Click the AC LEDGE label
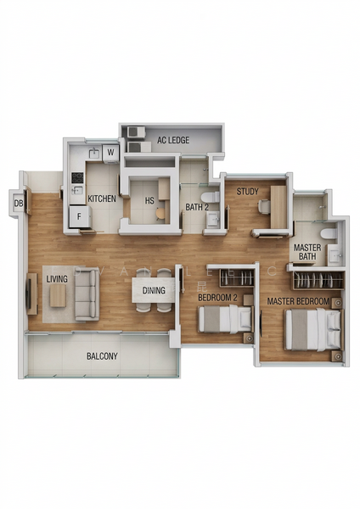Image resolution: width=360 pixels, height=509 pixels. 173,140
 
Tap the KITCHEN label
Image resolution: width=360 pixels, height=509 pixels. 102,199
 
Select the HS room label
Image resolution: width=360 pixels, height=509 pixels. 149,201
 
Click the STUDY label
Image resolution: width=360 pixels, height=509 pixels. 248,192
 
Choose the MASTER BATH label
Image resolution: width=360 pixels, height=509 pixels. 307,252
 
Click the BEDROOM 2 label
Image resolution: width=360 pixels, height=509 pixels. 217,298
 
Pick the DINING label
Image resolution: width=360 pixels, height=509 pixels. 154,291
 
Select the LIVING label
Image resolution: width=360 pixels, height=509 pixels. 57,278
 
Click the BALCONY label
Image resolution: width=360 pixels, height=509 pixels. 103,357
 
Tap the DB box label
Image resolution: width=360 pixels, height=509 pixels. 18,203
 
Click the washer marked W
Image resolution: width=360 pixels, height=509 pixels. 110,154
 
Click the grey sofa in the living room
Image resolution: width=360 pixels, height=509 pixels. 87,294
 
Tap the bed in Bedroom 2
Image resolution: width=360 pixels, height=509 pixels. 224,320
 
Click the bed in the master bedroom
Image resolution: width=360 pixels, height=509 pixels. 312,329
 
